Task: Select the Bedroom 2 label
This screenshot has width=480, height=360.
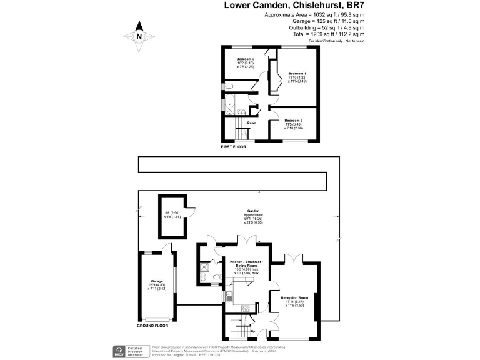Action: (x=293, y=120)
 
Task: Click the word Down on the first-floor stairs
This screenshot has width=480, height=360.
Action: (x=251, y=123)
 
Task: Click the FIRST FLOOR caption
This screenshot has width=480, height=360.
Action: (x=234, y=147)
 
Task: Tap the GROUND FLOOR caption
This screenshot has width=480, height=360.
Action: (x=153, y=326)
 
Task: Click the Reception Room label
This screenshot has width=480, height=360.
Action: (x=297, y=297)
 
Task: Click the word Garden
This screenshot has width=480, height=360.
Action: (x=253, y=211)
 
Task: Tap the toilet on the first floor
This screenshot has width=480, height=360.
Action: (x=229, y=86)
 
